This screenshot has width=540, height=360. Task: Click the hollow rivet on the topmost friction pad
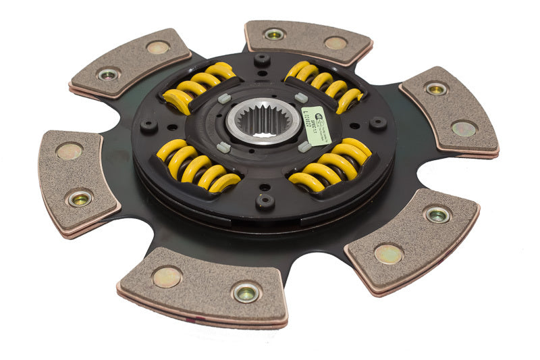(274, 34)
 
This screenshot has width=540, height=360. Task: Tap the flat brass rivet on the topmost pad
(335, 43)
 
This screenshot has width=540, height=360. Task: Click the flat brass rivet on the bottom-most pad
(167, 276)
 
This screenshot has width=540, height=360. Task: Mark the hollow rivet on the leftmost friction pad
(80, 199)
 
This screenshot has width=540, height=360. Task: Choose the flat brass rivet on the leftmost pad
(70, 151)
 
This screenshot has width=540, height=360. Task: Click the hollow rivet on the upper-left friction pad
(108, 74)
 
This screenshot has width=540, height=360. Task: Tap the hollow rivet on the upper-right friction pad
(436, 88)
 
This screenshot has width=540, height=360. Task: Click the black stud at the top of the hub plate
(262, 59)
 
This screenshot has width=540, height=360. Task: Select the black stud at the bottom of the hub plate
(265, 201)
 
